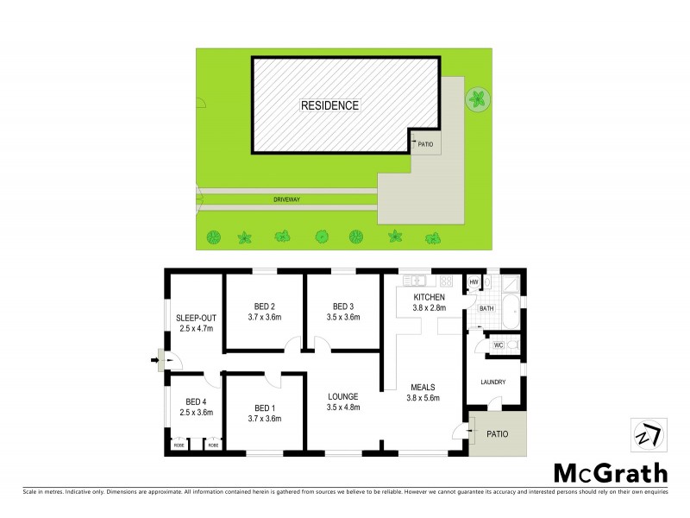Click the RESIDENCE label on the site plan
[329, 105]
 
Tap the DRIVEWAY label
[286, 199]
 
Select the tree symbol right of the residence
[476, 99]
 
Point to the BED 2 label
[265, 306]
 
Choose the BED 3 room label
[344, 306]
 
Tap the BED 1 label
[265, 407]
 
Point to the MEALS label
[423, 387]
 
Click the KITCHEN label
[429, 297]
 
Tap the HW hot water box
[474, 282]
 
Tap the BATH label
[486, 308]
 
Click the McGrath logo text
[609, 472]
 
